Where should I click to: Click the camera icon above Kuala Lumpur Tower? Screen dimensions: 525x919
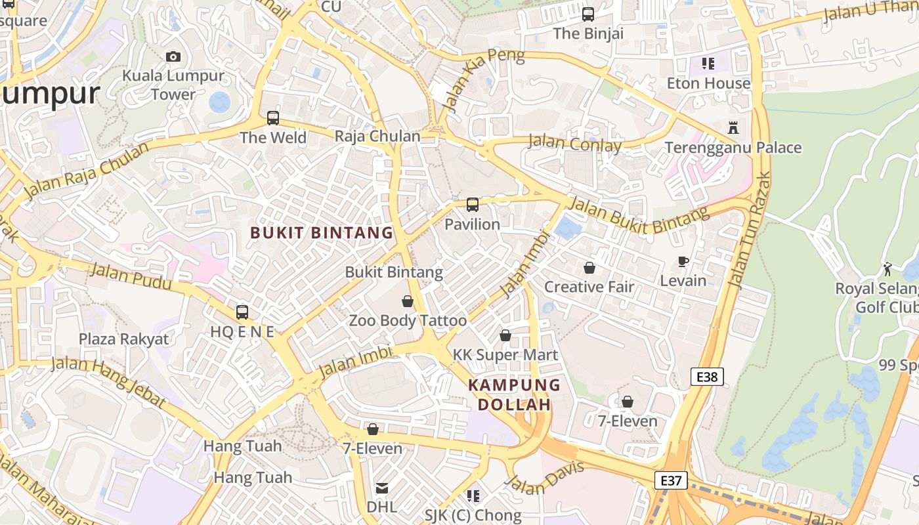tap(173, 57)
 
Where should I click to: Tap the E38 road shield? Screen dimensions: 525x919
tap(707, 377)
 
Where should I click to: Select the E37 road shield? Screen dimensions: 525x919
tap(670, 480)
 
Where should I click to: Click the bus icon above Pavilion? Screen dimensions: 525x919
tap(473, 205)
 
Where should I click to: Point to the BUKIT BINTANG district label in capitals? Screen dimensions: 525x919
tap(322, 233)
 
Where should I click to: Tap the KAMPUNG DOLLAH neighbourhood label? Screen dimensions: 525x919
tap(514, 394)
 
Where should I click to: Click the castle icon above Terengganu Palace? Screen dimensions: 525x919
tap(733, 128)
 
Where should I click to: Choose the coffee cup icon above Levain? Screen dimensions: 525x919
tap(683, 262)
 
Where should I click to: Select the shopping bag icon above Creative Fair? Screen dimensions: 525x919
tap(589, 268)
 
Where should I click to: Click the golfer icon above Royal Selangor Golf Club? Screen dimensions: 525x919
tap(887, 268)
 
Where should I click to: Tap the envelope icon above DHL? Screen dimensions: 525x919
tap(381, 488)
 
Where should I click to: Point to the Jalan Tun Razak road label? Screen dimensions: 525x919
tap(750, 230)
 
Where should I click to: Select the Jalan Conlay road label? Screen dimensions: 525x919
tap(574, 143)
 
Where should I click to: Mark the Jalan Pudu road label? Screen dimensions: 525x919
tap(130, 276)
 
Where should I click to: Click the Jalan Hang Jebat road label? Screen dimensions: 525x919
tap(108, 382)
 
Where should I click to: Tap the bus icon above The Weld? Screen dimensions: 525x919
tap(273, 118)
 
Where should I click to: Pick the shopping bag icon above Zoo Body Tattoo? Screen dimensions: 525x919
tap(408, 301)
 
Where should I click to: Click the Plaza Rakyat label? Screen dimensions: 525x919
tap(123, 339)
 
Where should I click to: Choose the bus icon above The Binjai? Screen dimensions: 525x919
tap(588, 14)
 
